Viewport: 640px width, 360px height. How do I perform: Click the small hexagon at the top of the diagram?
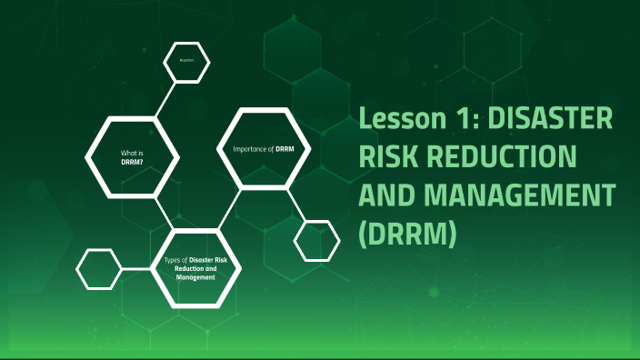186,62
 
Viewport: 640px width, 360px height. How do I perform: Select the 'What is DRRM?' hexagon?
132,154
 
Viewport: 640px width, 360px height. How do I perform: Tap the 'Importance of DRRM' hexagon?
264,147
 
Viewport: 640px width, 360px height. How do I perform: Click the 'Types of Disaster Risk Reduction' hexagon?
195,268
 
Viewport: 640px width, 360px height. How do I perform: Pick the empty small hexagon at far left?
99,269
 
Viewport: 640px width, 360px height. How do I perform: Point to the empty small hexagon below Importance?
317,240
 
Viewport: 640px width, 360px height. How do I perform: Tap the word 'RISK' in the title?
389,156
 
